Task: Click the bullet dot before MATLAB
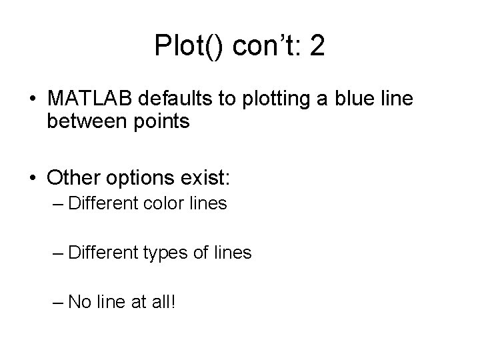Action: click(33, 99)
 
